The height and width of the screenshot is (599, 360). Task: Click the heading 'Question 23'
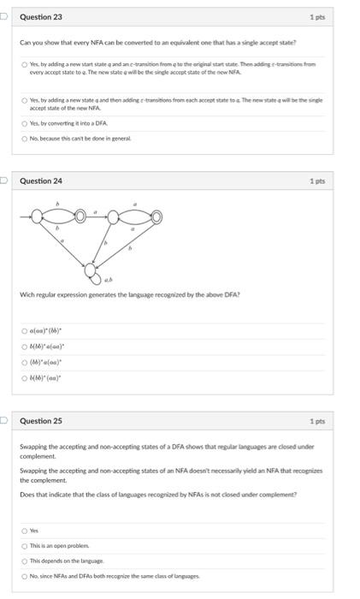pos(41,17)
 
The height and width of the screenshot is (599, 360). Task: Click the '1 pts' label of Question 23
pos(316,17)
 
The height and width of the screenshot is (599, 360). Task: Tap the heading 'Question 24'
pos(41,181)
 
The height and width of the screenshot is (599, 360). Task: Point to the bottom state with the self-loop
pos(91,271)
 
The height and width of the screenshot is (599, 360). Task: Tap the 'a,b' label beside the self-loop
pos(109,280)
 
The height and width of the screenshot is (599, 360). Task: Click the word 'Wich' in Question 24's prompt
pos(27,295)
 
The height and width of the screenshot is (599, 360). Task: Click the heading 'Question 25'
pos(41,421)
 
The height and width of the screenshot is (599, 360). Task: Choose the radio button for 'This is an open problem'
pos(25,546)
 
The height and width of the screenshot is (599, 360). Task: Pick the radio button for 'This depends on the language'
pos(25,560)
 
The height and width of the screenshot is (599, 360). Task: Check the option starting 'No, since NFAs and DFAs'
pos(25,575)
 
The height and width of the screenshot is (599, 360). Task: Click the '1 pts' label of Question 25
pos(316,421)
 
